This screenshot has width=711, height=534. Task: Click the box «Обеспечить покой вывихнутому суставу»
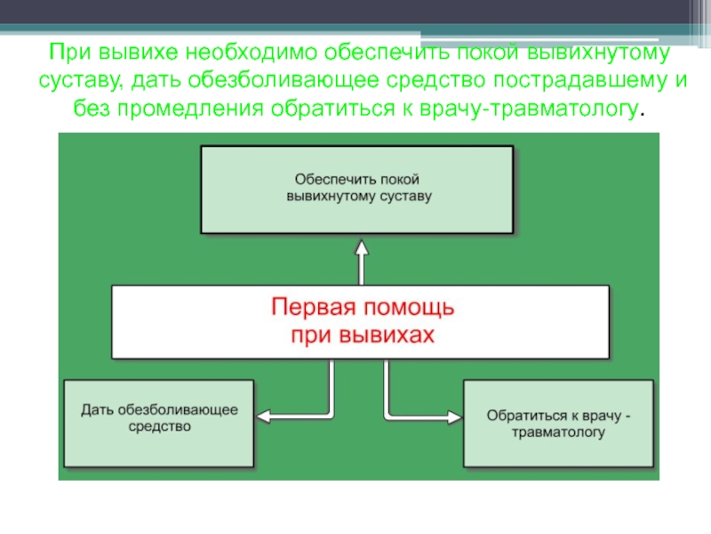pyautogui.click(x=357, y=189)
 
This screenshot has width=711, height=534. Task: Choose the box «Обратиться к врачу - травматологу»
pyautogui.click(x=558, y=424)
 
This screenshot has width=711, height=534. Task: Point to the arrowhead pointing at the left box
pyautogui.click(x=263, y=415)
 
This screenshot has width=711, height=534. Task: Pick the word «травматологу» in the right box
pyautogui.click(x=558, y=433)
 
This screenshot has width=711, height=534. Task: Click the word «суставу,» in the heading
pyautogui.click(x=79, y=81)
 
